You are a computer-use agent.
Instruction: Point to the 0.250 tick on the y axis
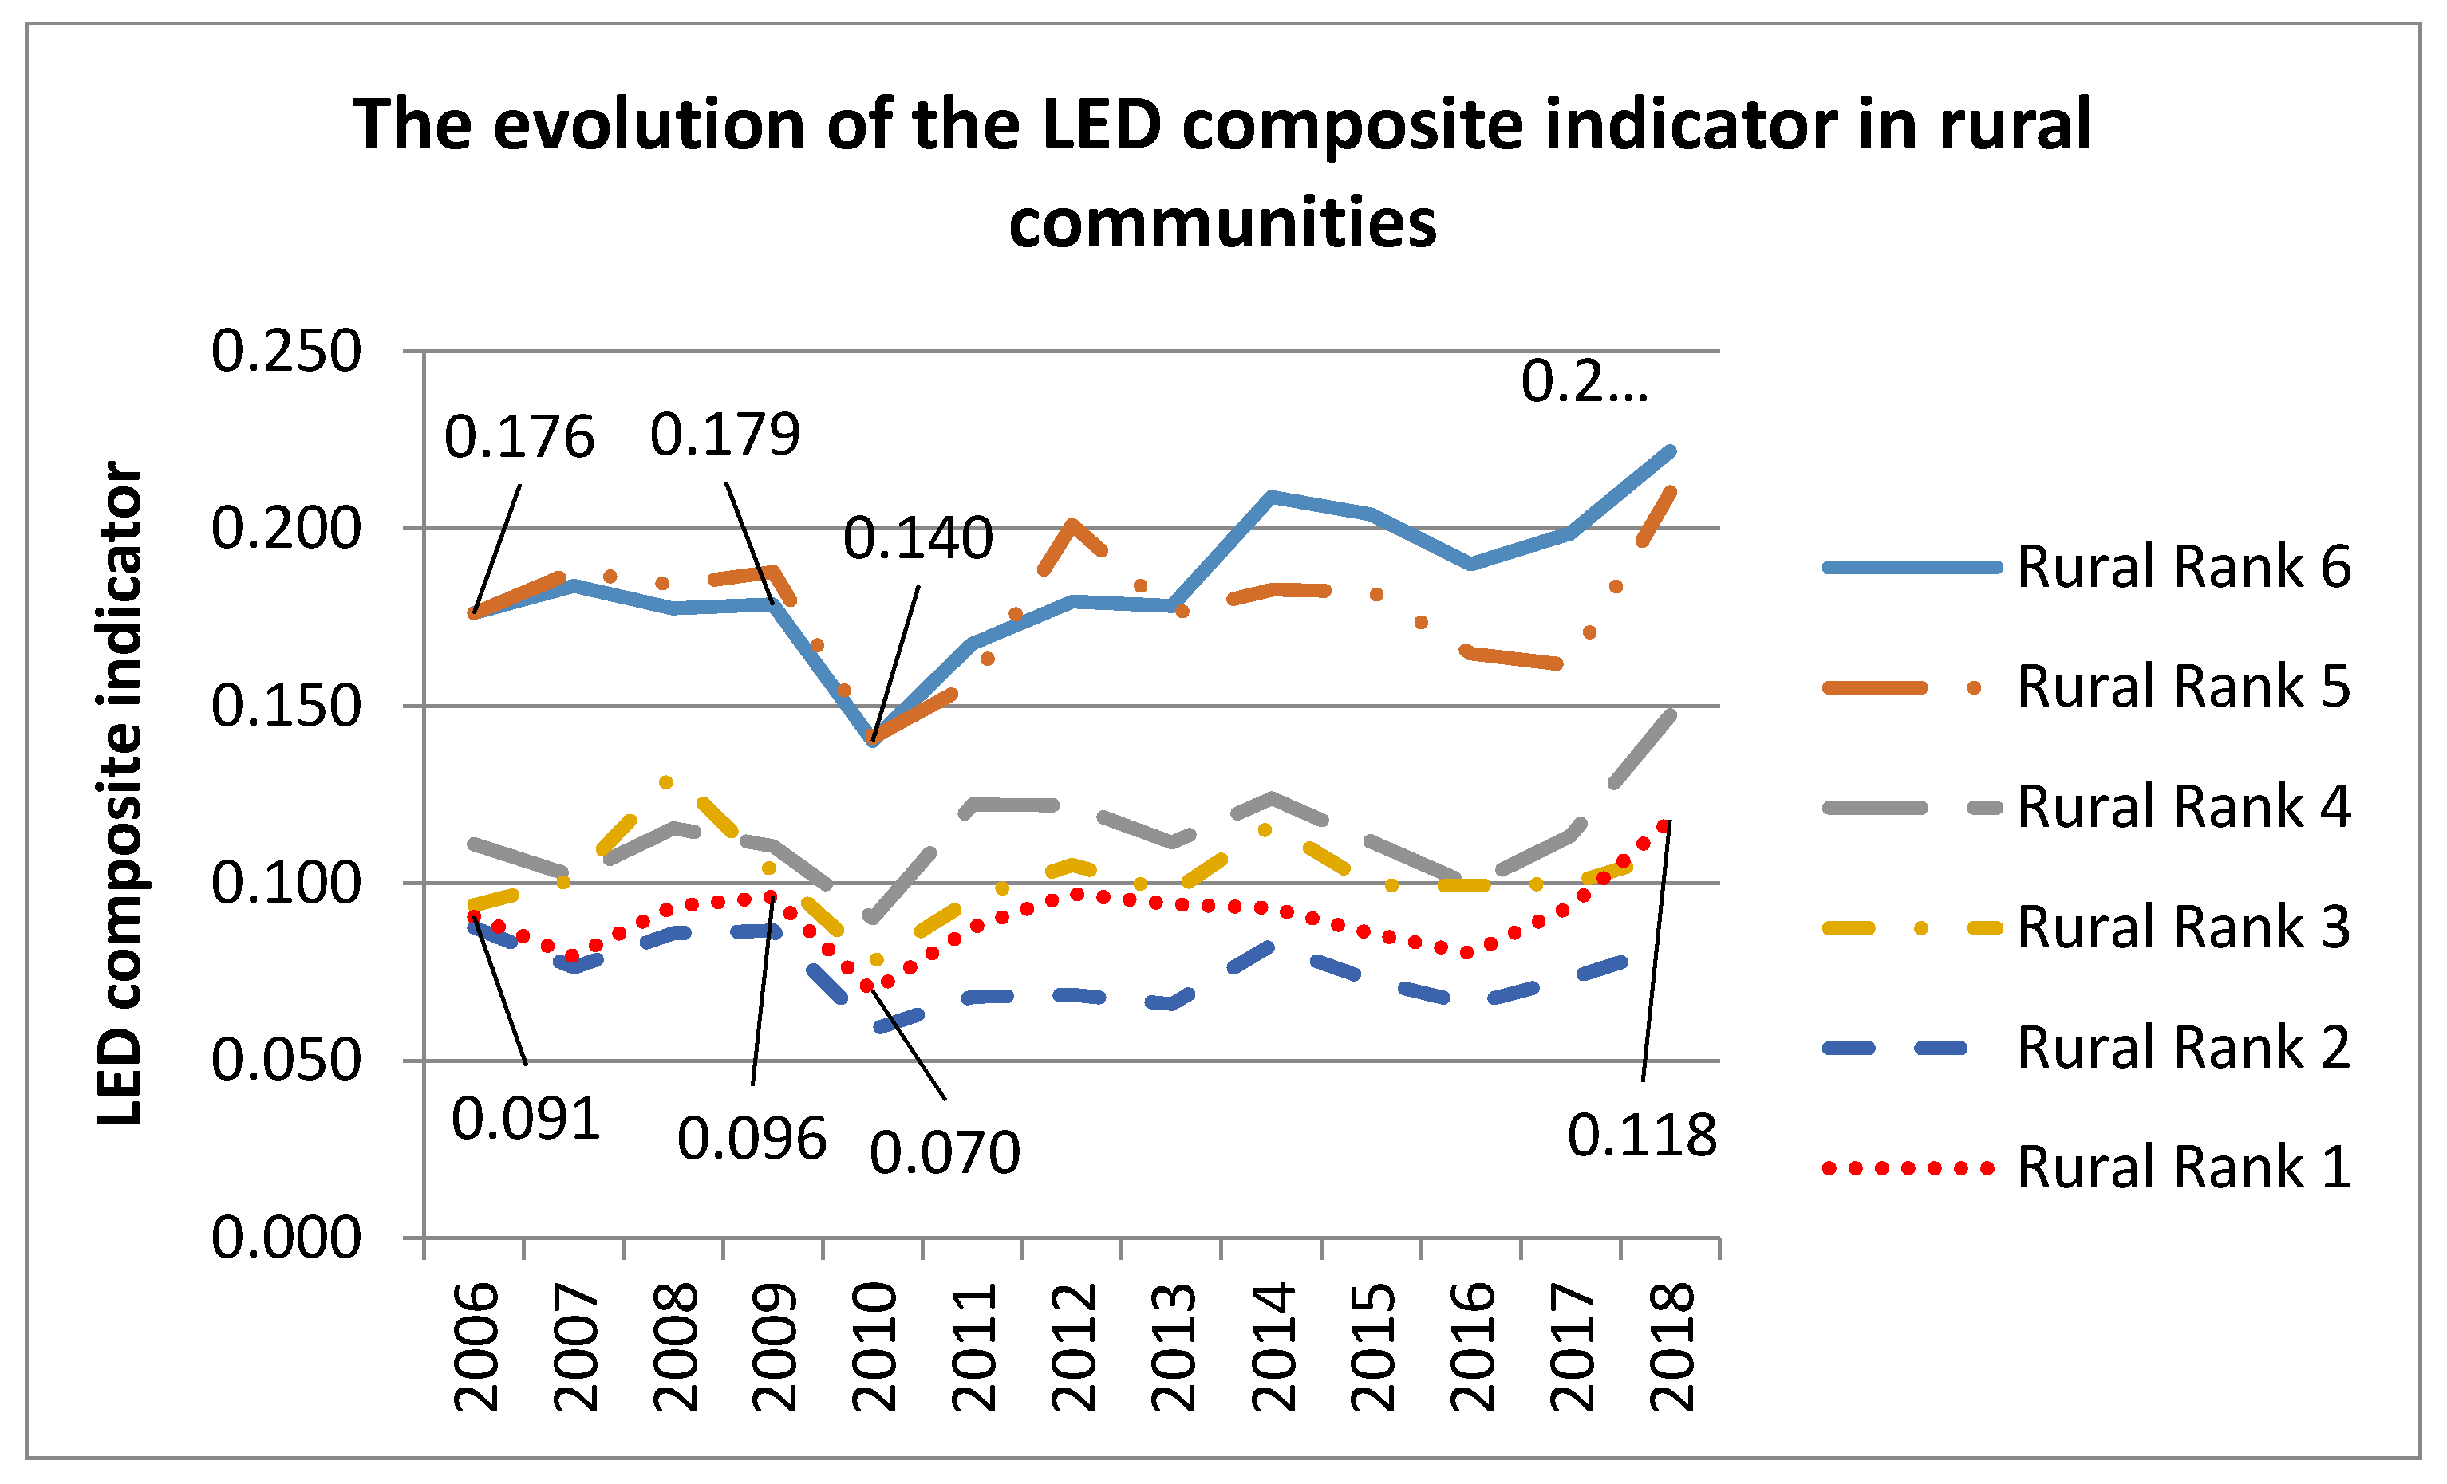(x=286, y=352)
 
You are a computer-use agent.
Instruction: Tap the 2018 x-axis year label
(x=1671, y=1347)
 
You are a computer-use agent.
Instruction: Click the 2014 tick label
(x=1273, y=1347)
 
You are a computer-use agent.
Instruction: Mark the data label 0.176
(x=519, y=438)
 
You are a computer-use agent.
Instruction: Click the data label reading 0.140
(x=918, y=539)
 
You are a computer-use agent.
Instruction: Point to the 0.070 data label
(x=945, y=1152)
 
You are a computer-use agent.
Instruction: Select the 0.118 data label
(x=1642, y=1136)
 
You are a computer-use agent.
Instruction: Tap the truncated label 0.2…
(x=1584, y=382)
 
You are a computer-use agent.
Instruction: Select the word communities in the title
(x=1222, y=222)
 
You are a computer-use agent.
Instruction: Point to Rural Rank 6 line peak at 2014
(x=1271, y=495)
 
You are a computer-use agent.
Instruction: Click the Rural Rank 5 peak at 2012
(x=1072, y=523)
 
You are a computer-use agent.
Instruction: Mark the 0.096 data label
(x=752, y=1139)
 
